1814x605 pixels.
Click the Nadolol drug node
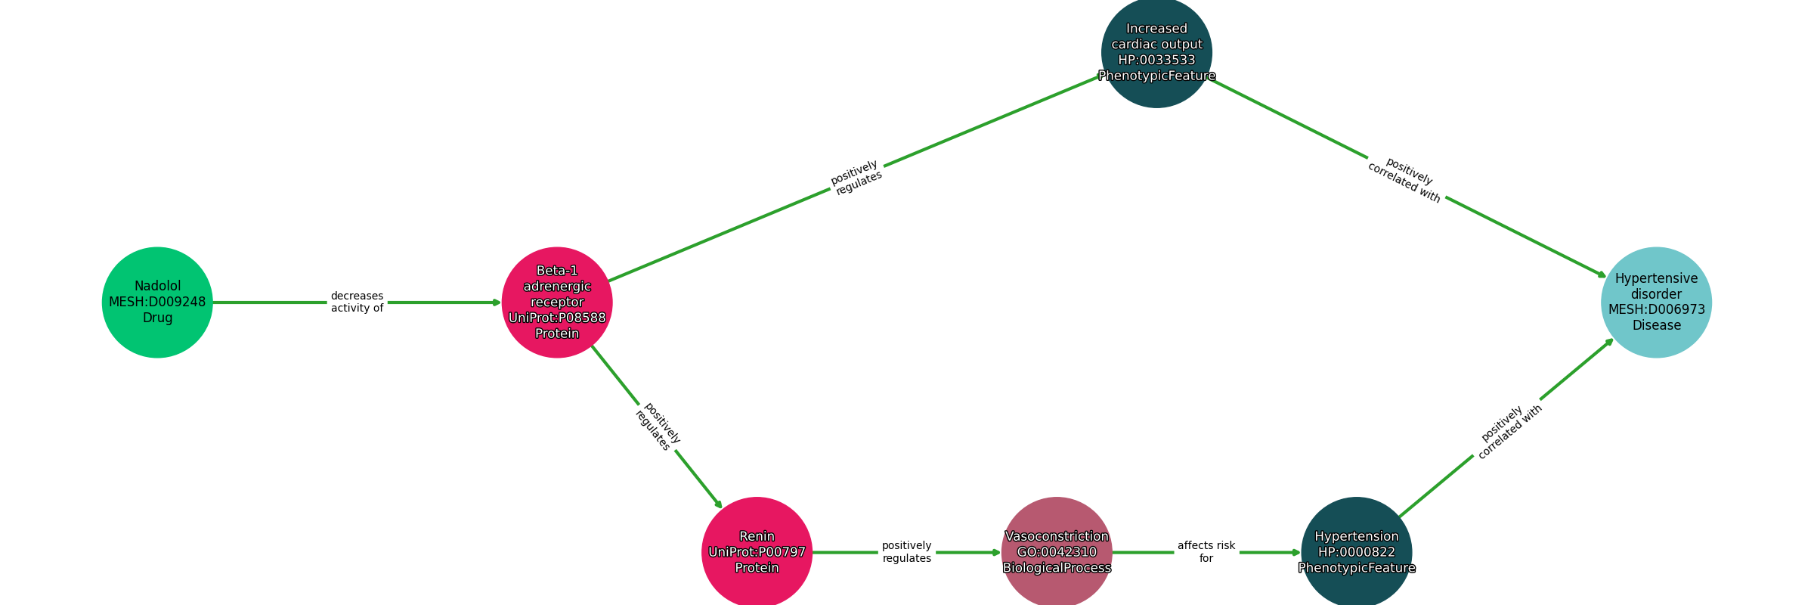coord(157,302)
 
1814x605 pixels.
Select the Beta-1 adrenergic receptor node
coord(557,302)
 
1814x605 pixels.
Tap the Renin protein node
coord(757,552)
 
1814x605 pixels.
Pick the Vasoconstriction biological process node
coord(1057,552)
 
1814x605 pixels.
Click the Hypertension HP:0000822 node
coord(1356,552)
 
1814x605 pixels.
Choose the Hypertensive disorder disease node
coord(1656,302)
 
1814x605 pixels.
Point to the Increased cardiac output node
coord(1156,53)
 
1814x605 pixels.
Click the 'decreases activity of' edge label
coord(357,302)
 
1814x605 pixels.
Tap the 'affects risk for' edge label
coord(1206,552)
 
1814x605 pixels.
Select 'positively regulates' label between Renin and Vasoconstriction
coord(906,552)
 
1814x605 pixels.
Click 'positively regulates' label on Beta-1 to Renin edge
coord(657,427)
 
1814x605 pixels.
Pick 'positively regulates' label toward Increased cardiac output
coord(856,178)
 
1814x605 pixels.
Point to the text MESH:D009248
coord(157,302)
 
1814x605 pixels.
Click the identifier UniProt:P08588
coord(557,318)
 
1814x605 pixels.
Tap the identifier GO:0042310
coord(1057,553)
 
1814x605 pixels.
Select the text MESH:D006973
coord(1656,310)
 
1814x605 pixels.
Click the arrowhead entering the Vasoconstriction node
coord(997,552)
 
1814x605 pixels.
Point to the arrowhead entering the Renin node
coord(719,504)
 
